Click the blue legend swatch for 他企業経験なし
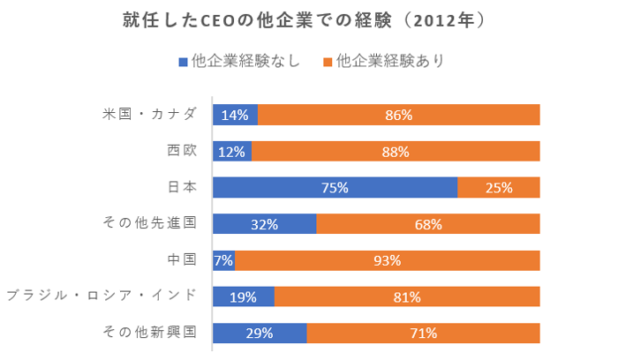click(x=183, y=63)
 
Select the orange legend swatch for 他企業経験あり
click(x=328, y=63)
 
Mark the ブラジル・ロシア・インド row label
click(x=101, y=296)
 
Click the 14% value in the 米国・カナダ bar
click(x=235, y=115)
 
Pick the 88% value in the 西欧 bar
click(x=396, y=151)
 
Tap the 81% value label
click(x=407, y=296)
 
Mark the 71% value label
click(x=424, y=334)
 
